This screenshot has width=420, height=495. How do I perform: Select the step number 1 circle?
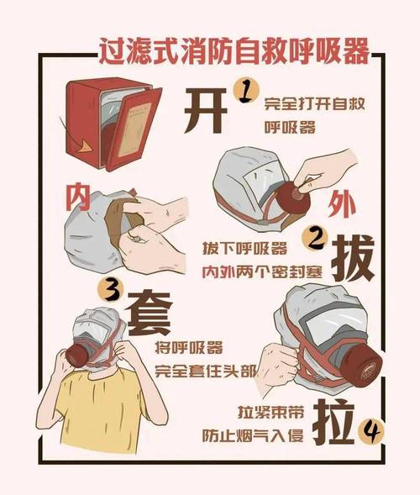click(244, 89)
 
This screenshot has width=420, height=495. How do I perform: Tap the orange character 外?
click(336, 204)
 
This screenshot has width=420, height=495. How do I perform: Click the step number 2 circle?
click(315, 240)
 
